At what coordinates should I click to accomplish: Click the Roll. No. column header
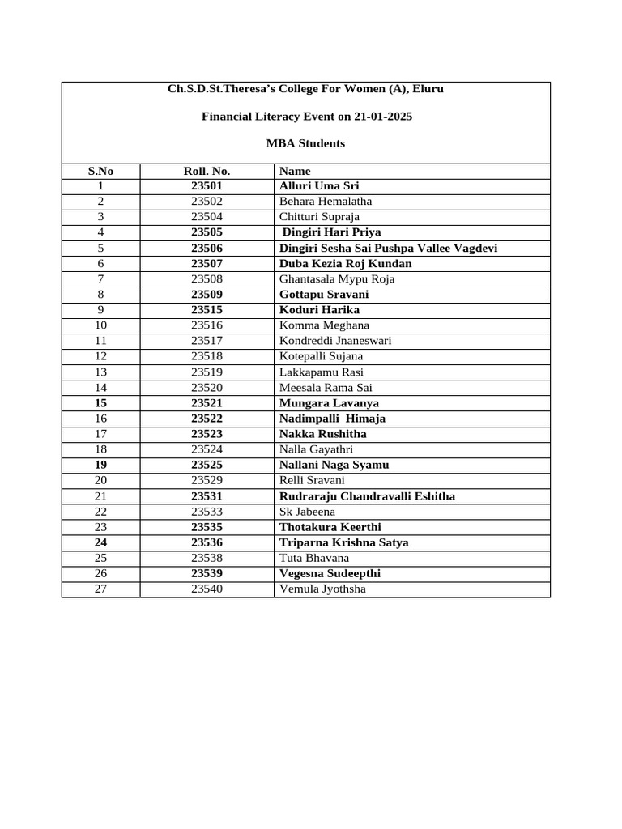pyautogui.click(x=207, y=171)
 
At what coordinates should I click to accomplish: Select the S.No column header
pyautogui.click(x=100, y=171)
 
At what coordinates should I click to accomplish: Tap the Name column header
pyautogui.click(x=295, y=171)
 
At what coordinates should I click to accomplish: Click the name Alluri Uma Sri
pyautogui.click(x=313, y=186)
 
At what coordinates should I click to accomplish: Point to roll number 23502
pyautogui.click(x=207, y=202)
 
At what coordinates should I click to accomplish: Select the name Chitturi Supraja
pyautogui.click(x=319, y=217)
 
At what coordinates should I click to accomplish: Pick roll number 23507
pyautogui.click(x=207, y=263)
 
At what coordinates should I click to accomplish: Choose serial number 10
pyautogui.click(x=100, y=325)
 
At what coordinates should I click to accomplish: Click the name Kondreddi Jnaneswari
pyautogui.click(x=335, y=341)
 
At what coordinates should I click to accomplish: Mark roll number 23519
pyautogui.click(x=207, y=372)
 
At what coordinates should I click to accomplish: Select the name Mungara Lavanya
pyautogui.click(x=329, y=403)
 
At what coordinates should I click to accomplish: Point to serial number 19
pyautogui.click(x=100, y=465)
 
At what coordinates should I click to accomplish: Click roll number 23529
pyautogui.click(x=207, y=480)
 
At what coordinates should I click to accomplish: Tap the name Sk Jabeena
pyautogui.click(x=307, y=512)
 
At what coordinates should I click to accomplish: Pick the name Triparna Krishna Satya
pyautogui.click(x=343, y=542)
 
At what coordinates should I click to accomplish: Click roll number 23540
pyautogui.click(x=207, y=589)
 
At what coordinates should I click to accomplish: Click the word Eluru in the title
pyautogui.click(x=427, y=88)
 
